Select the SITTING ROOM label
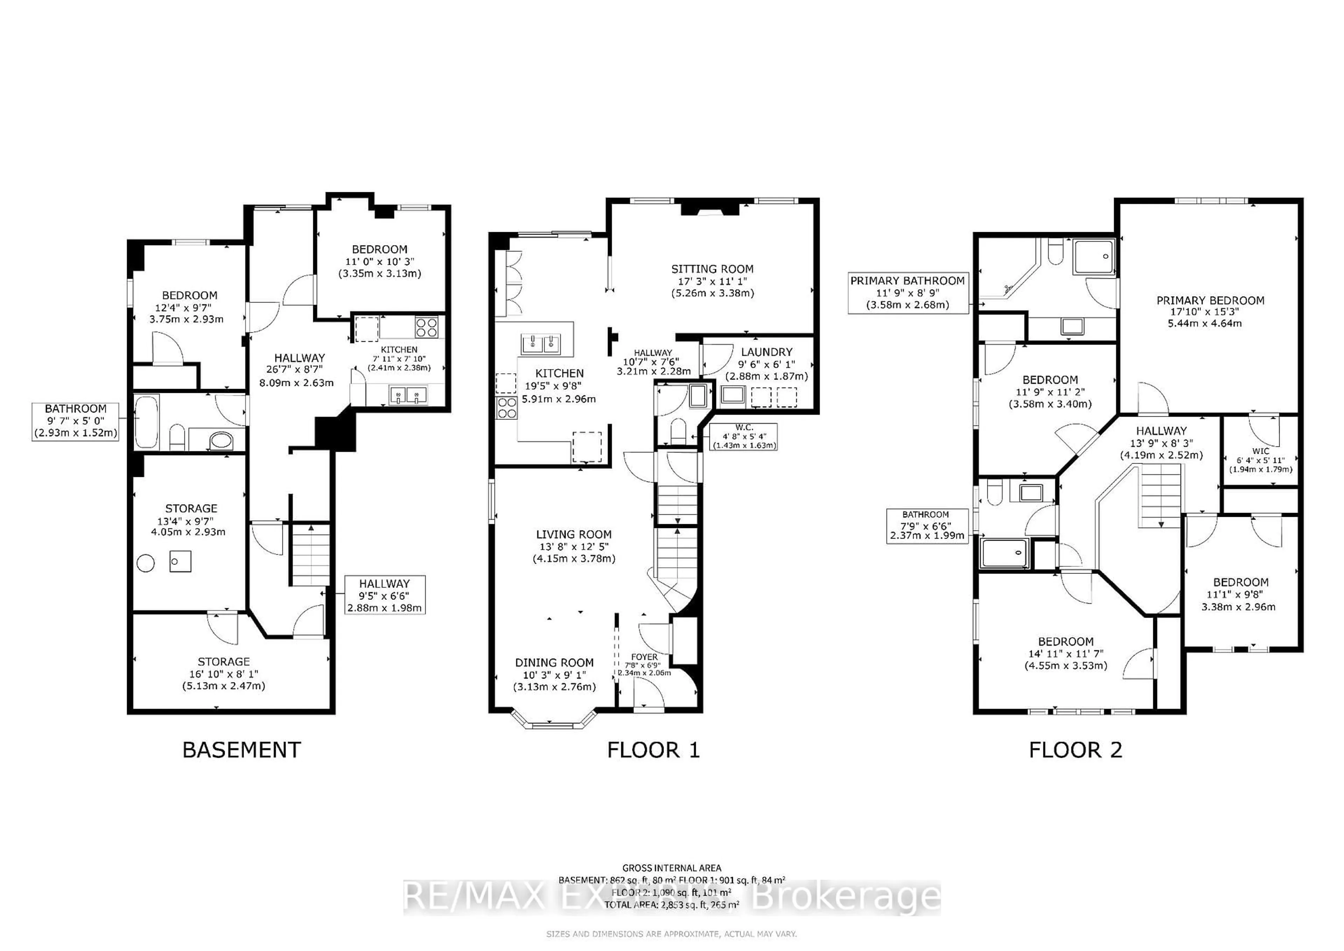(x=712, y=269)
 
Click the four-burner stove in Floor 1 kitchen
(x=506, y=408)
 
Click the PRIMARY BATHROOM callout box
(x=907, y=293)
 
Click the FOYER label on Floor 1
(x=644, y=657)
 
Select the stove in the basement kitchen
(x=426, y=327)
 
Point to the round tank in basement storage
(x=145, y=563)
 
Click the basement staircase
(x=310, y=555)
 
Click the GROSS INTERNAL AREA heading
(x=671, y=868)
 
